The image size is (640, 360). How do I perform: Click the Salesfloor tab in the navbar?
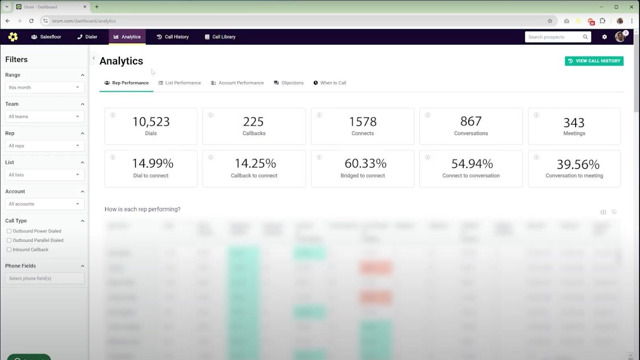(46, 37)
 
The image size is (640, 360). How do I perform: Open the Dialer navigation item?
(87, 37)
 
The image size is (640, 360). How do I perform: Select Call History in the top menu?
(173, 37)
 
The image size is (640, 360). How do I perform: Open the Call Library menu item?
(220, 37)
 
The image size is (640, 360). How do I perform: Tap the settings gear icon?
(604, 37)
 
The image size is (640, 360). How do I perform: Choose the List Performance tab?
(179, 83)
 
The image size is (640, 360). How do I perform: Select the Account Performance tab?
(237, 83)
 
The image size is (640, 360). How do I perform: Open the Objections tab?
(288, 83)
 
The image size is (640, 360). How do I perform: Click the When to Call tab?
(330, 83)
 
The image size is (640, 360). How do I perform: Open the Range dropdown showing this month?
(45, 87)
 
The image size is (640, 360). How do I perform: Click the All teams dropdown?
(45, 117)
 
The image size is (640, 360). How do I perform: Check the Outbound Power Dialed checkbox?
(9, 231)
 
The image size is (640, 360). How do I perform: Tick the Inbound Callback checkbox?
(9, 250)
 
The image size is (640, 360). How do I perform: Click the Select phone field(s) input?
(45, 278)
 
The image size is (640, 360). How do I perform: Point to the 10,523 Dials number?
(151, 122)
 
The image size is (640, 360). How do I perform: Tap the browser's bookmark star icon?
(550, 21)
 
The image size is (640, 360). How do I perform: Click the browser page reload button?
(31, 21)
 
